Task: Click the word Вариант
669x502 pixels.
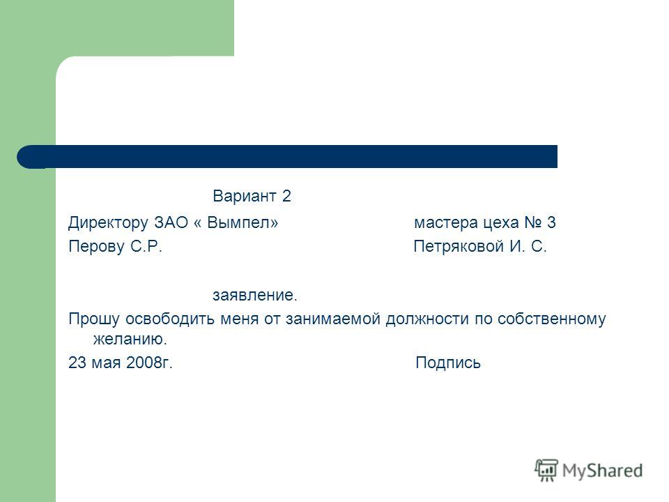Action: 245,196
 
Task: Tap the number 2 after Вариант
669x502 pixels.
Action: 286,196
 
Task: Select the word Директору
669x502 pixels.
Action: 109,223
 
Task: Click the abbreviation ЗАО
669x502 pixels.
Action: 171,222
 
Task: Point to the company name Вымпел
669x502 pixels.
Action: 243,222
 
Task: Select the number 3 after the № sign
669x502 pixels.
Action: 551,222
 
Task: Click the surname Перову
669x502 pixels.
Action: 96,247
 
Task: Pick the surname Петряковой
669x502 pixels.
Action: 459,247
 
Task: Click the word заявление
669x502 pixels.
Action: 255,295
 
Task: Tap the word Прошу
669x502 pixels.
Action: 94,319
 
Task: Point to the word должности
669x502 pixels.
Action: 427,319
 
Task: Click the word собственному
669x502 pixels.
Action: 551,319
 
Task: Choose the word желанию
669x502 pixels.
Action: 130,340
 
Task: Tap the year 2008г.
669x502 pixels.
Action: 149,363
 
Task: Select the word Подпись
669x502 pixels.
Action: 448,363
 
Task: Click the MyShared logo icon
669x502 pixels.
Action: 546,470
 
